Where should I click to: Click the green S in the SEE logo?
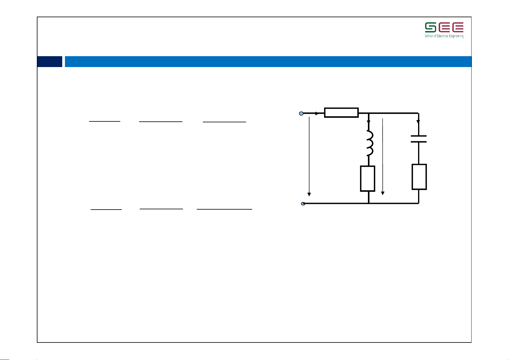tap(430, 27)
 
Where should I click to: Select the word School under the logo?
tap(429, 36)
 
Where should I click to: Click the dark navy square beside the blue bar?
tap(50, 62)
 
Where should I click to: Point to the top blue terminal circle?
tap(301, 114)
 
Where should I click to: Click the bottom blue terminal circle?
tap(303, 204)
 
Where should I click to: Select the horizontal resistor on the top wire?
tap(341, 113)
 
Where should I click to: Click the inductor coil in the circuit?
tap(370, 143)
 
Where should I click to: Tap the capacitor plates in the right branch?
tap(419, 139)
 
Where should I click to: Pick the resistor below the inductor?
tap(368, 178)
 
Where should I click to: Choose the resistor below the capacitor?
tap(419, 177)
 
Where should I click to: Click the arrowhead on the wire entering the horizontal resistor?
tap(317, 114)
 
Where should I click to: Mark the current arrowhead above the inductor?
tap(369, 122)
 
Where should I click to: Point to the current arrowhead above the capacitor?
tap(418, 122)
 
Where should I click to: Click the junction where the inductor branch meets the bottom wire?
tap(369, 203)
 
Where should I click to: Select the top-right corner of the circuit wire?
tap(418, 114)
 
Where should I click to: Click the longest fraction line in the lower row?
tap(224, 209)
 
